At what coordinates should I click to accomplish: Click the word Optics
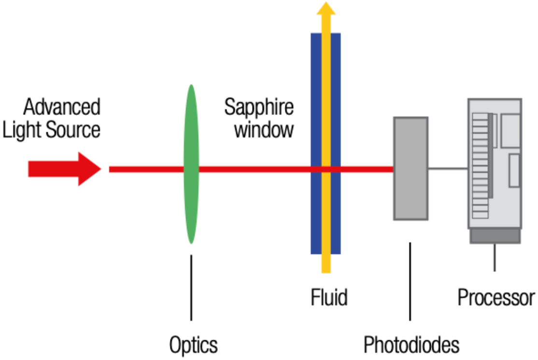point(193,346)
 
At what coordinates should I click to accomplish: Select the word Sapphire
point(259,107)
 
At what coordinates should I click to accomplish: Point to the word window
point(264,130)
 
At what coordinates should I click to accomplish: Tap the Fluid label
point(329,297)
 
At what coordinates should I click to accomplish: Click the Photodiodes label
point(411,346)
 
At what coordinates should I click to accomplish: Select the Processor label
point(496,297)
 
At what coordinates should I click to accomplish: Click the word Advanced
point(62,107)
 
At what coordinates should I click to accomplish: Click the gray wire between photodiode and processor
point(448,168)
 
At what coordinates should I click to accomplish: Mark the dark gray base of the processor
point(495,236)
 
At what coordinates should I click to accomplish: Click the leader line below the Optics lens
point(191,287)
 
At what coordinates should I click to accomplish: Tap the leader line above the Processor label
point(495,257)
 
